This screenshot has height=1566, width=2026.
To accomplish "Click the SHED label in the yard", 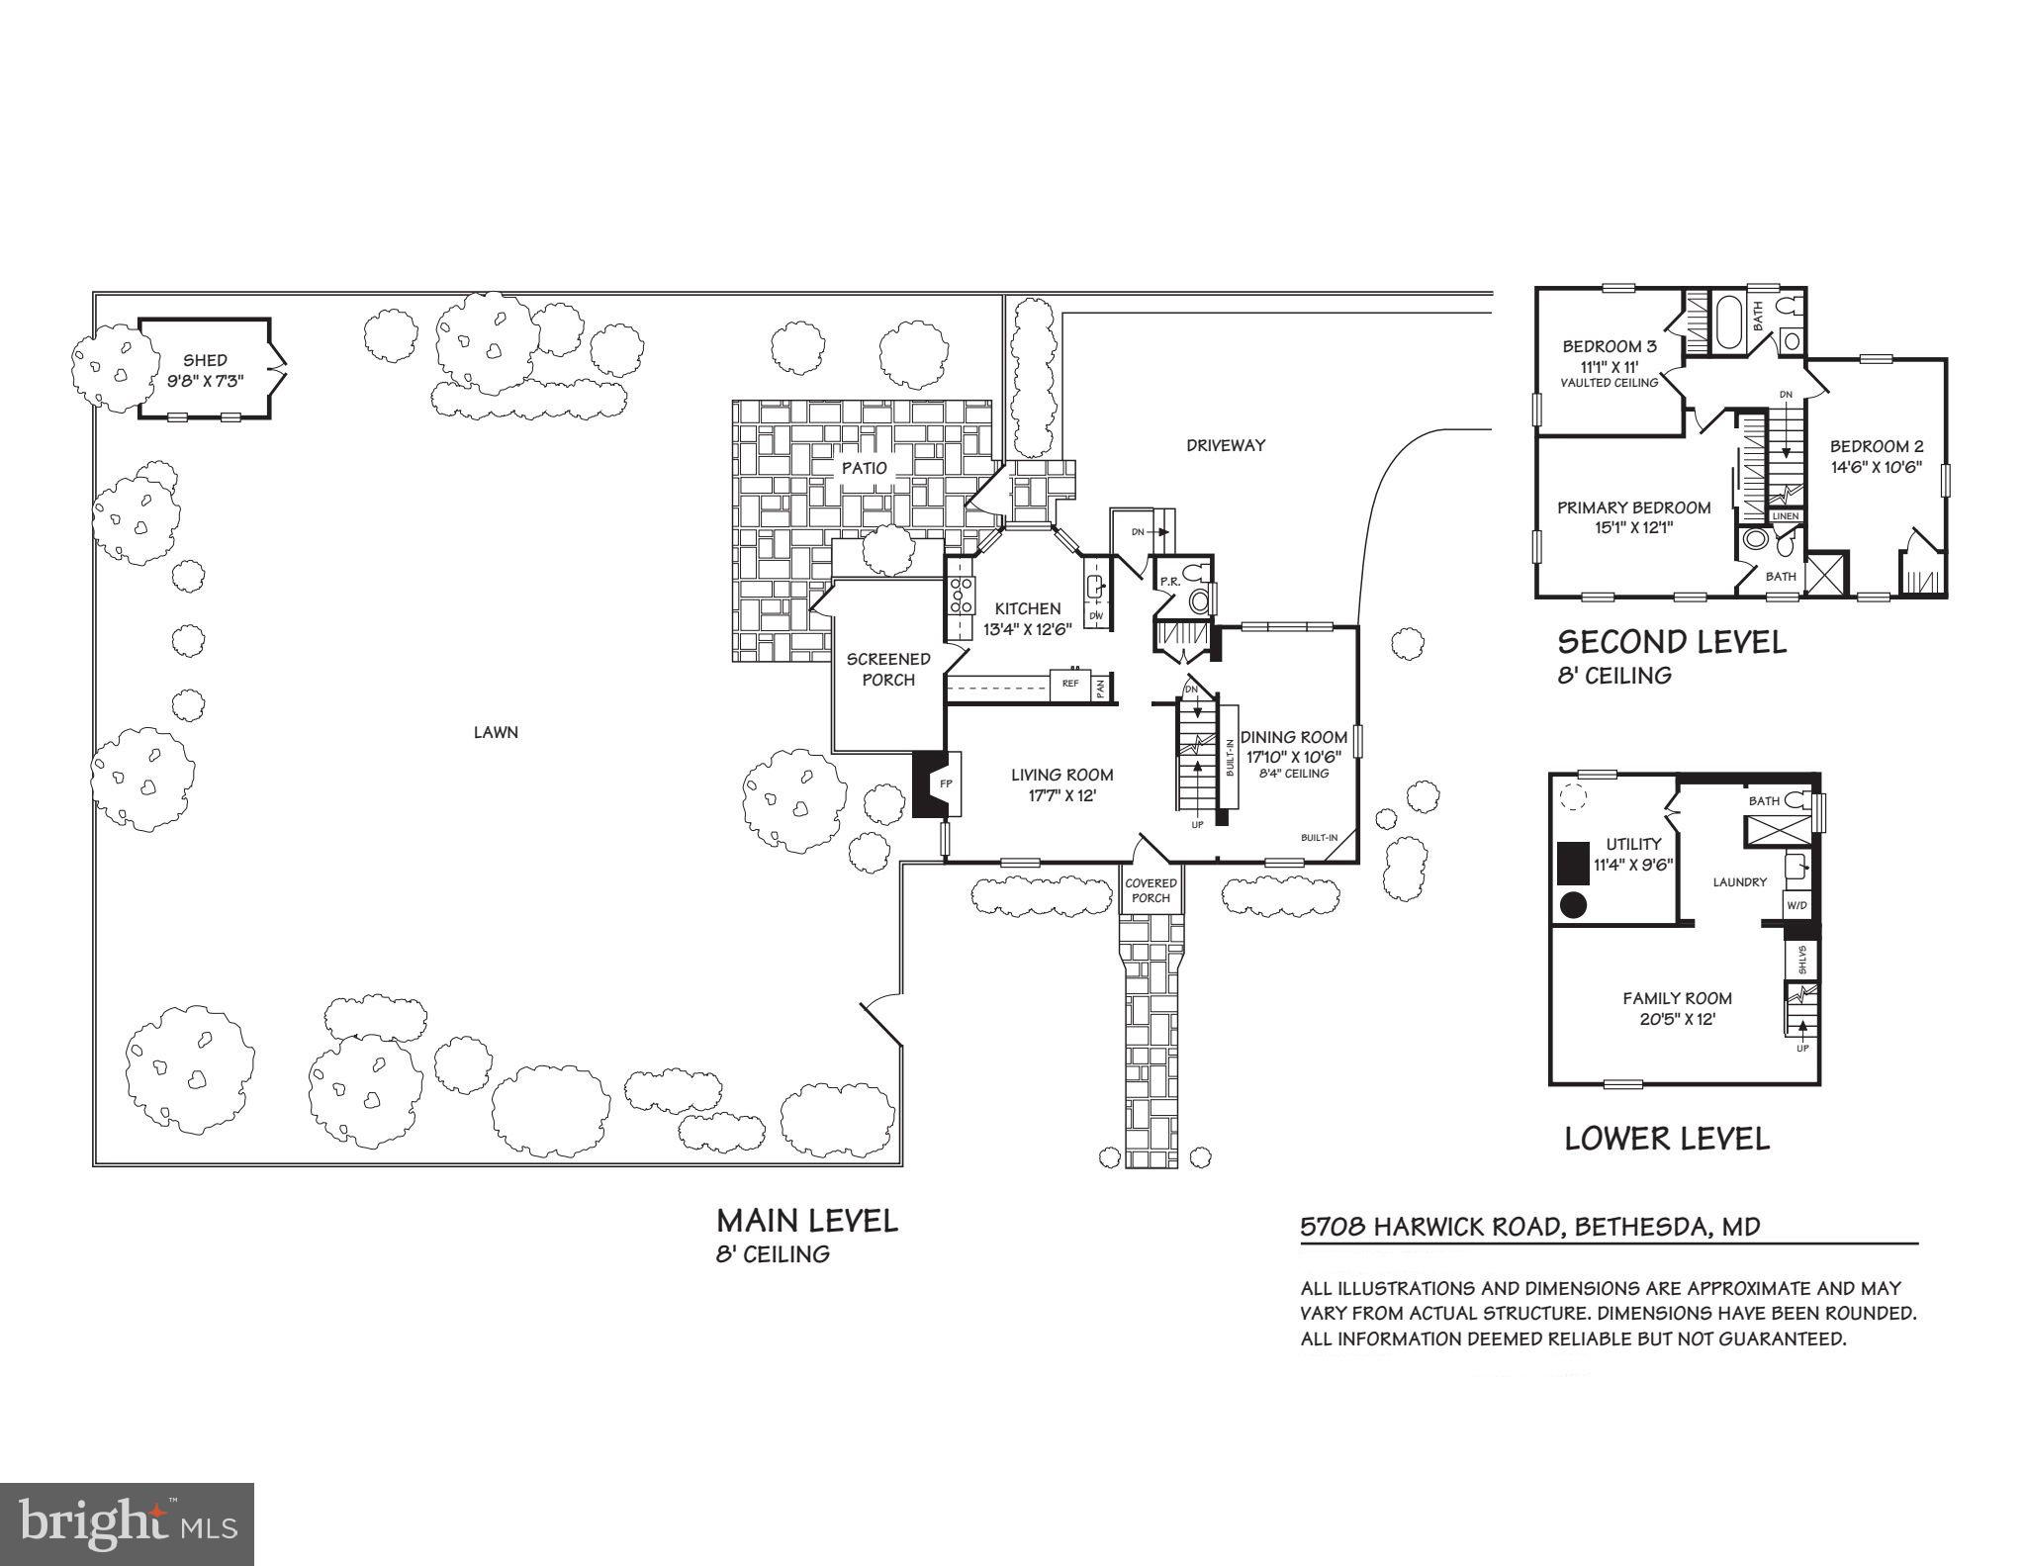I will coord(205,360).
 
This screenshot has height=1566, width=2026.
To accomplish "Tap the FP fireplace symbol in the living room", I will coord(946,783).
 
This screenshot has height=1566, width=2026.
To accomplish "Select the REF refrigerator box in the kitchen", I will coord(1070,684).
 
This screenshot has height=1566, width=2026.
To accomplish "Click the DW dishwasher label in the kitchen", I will coord(1096,615).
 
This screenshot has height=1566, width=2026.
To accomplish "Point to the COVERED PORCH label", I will coord(1151,890).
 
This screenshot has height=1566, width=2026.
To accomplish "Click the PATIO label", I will coord(865,468).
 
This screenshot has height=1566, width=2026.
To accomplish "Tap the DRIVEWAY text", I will coord(1226,445).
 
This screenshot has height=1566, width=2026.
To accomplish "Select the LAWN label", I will coord(496,732).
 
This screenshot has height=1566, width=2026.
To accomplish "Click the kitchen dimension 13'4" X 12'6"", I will coord(1027,628).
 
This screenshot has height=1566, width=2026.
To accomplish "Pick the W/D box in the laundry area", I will coord(1796,904).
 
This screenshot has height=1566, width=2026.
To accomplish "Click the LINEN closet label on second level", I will coord(1785,515).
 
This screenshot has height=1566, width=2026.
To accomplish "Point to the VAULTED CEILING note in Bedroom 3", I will coord(1609,383).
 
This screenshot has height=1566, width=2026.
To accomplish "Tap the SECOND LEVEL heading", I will coord(1672,642).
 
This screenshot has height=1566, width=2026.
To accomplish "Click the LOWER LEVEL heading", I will coord(1667,1138).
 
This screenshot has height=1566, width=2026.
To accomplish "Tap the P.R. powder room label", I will coord(1169,582).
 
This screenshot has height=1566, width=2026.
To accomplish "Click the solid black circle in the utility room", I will coord(1574,903).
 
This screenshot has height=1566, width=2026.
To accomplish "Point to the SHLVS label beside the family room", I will coord(1801,960).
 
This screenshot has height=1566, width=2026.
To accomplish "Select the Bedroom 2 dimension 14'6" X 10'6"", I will coord(1876,467).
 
